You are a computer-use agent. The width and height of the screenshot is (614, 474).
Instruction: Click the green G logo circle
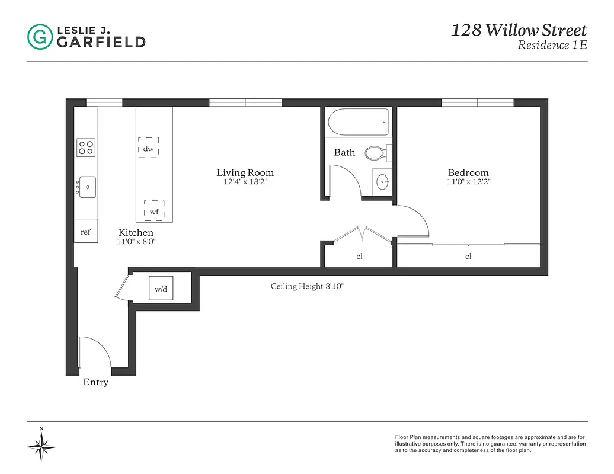40,36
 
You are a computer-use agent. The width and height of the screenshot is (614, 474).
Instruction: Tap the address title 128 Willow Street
519,30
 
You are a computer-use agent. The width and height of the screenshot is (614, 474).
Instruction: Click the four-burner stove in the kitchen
86,147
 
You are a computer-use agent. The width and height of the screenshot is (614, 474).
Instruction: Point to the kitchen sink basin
88,187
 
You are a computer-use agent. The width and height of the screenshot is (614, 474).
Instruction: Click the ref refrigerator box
86,232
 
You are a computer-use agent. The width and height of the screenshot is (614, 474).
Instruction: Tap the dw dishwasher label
148,149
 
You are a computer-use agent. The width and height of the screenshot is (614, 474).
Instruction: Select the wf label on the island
154,211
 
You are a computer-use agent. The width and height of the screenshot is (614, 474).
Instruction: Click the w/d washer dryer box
161,289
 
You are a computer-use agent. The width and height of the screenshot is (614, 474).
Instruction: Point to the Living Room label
245,172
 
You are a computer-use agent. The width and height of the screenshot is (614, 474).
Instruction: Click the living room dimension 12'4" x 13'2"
245,182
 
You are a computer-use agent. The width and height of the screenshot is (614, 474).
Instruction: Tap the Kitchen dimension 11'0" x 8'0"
136,242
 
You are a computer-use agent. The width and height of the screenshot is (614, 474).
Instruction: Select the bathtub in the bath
359,121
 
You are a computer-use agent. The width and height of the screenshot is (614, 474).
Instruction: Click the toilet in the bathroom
376,153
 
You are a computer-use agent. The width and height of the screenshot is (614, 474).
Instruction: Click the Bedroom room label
468,172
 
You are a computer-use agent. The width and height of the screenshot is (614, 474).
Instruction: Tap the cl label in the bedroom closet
468,257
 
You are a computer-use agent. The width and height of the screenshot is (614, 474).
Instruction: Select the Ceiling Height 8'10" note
307,286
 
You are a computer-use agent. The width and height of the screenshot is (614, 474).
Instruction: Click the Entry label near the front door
95,382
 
